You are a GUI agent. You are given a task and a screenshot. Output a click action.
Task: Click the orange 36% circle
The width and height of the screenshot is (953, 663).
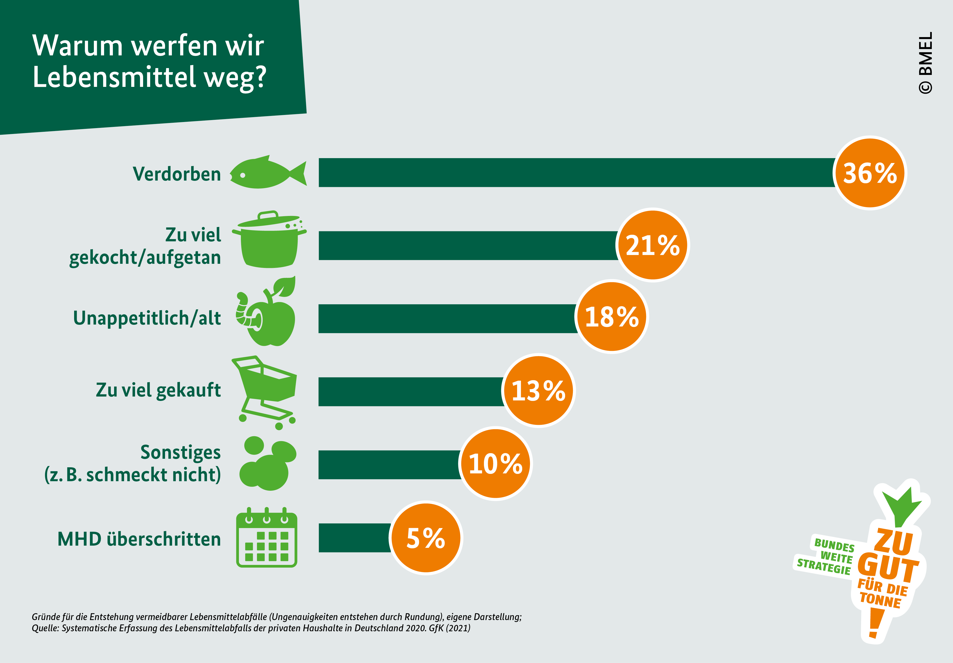(x=870, y=173)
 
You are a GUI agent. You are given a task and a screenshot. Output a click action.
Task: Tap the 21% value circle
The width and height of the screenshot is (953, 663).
(x=652, y=245)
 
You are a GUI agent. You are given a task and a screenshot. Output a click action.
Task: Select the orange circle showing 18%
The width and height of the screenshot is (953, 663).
(x=612, y=317)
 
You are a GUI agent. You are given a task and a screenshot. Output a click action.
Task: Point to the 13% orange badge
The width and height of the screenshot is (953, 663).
(x=538, y=390)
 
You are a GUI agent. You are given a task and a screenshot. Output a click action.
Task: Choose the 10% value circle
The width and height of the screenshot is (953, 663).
(x=496, y=464)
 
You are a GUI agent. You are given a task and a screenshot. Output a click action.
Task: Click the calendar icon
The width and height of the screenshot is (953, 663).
(x=266, y=538)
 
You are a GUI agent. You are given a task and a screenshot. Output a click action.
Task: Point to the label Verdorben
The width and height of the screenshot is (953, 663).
(x=177, y=174)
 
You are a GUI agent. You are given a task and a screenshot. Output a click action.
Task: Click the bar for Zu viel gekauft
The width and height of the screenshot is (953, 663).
(x=411, y=391)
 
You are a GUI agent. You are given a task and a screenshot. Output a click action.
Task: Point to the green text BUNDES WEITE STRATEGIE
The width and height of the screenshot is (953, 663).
(x=826, y=555)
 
